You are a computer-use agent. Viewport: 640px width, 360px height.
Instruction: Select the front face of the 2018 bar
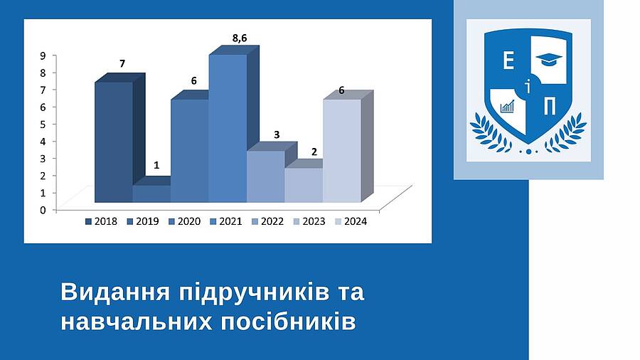[x=114, y=142]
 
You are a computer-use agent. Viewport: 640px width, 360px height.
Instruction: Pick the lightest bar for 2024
[x=342, y=151]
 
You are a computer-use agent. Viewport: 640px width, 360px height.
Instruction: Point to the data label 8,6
[x=240, y=38]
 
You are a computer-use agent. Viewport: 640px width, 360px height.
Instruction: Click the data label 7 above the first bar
[x=122, y=63]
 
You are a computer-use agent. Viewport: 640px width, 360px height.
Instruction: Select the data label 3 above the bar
[x=277, y=134]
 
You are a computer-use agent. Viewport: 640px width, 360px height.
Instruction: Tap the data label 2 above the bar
[x=314, y=152]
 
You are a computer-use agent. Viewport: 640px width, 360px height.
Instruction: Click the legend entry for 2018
[x=101, y=221]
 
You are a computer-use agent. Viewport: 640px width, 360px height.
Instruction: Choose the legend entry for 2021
[x=225, y=221]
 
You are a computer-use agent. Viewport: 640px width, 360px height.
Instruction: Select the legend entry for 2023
[x=309, y=221]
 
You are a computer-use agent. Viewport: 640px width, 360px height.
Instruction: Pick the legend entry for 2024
[x=351, y=221]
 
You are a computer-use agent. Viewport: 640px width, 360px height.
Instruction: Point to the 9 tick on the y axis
[x=43, y=55]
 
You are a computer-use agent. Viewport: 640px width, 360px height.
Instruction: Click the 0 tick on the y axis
[x=43, y=210]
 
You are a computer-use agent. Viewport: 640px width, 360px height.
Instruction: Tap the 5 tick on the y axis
[x=43, y=124]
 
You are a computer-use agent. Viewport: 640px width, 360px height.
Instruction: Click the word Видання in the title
[x=115, y=293]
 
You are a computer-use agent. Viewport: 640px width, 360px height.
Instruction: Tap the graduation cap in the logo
[x=549, y=59]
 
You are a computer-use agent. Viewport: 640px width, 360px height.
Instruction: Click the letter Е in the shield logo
[x=508, y=61]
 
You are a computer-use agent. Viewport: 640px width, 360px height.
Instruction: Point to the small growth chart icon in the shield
[x=507, y=107]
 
